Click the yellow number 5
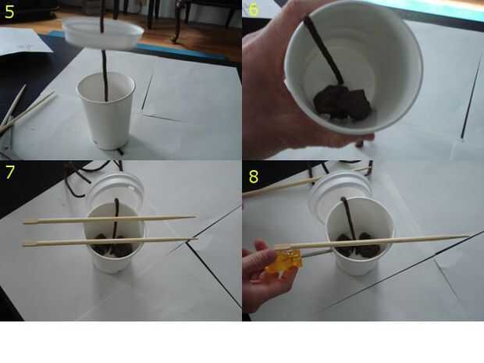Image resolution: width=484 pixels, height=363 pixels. (x=9, y=12)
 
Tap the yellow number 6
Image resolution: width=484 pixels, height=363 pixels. (x=253, y=9)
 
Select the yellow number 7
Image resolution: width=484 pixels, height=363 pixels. (x=10, y=172)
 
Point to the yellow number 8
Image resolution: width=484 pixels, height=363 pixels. (x=254, y=176)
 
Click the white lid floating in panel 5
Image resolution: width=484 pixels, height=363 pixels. (x=103, y=33)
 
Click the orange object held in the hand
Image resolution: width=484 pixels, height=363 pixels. (x=283, y=262)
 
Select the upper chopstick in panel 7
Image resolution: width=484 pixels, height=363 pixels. (x=110, y=219)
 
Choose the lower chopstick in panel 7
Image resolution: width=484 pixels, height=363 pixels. (x=110, y=242)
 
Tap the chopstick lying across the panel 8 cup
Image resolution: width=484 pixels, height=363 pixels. (x=372, y=242)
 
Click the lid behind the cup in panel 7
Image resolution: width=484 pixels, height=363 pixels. (x=116, y=188)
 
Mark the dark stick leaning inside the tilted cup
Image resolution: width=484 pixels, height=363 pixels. (x=323, y=49)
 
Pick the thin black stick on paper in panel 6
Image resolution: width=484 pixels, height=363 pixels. (x=472, y=96)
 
